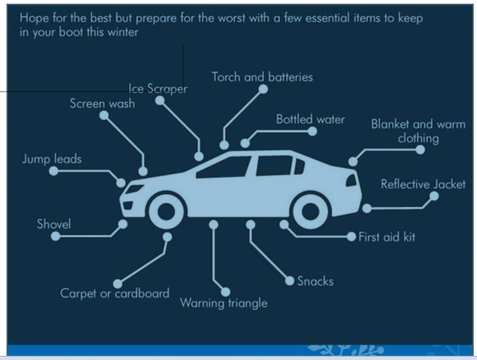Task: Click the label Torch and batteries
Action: pos(262,77)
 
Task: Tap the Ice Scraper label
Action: pos(158,90)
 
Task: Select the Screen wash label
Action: pos(102,104)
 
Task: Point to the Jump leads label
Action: pos(52,159)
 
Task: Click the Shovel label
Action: pos(54,224)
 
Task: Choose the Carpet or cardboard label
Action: pos(115,294)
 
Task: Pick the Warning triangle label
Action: pos(224,303)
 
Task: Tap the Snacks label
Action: pos(315,281)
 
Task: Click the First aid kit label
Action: pos(386,237)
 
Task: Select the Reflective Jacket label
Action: pos(423,184)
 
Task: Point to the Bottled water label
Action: pos(311,119)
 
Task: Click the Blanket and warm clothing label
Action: pos(418,131)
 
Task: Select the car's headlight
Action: pos(135,190)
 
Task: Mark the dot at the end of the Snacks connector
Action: pos(290,281)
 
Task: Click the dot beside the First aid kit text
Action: pos(352,237)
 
